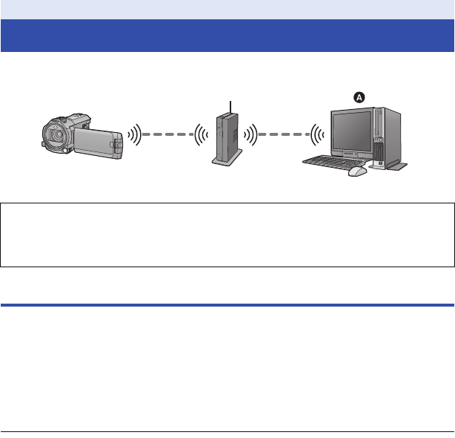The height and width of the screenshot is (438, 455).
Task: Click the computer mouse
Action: click(357, 171)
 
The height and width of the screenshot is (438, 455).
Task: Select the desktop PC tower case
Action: click(388, 137)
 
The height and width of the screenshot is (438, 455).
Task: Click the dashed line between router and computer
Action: click(287, 135)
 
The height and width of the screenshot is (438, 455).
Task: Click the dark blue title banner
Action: click(227, 36)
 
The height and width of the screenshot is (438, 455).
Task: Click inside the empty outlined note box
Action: click(227, 233)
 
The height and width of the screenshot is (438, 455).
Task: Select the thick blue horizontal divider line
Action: click(227, 304)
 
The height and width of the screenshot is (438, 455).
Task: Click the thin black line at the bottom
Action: click(227, 432)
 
